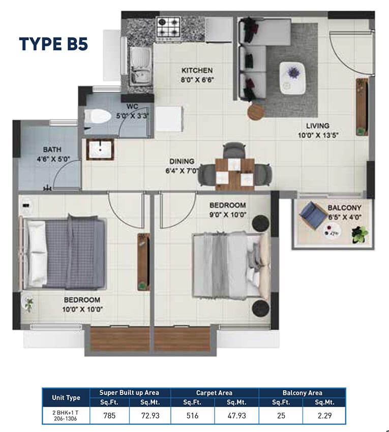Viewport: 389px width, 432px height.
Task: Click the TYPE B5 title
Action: [x=53, y=44]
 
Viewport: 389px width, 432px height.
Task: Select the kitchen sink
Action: [x=140, y=66]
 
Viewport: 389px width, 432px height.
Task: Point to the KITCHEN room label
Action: [x=197, y=71]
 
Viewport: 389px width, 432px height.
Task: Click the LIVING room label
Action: [x=318, y=126]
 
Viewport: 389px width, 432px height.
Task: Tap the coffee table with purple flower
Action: [x=292, y=78]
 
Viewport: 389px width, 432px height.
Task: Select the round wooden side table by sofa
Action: [x=256, y=111]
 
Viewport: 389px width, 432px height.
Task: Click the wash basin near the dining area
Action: [x=100, y=149]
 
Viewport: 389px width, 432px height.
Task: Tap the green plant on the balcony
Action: [x=360, y=234]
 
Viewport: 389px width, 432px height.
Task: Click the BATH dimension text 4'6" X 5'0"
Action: [x=53, y=159]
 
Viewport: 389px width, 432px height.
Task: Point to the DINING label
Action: [x=182, y=162]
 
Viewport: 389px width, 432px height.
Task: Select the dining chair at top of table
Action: [x=234, y=150]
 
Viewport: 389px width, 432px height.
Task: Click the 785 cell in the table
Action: [x=109, y=415]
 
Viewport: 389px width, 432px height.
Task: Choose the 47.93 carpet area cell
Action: [x=236, y=415]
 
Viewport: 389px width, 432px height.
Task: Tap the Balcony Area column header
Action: [x=303, y=393]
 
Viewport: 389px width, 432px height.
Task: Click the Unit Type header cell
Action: [x=66, y=397]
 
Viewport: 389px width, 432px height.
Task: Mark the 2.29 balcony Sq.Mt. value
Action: [x=324, y=415]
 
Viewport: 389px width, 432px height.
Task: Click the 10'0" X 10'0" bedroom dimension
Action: [x=82, y=310]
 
